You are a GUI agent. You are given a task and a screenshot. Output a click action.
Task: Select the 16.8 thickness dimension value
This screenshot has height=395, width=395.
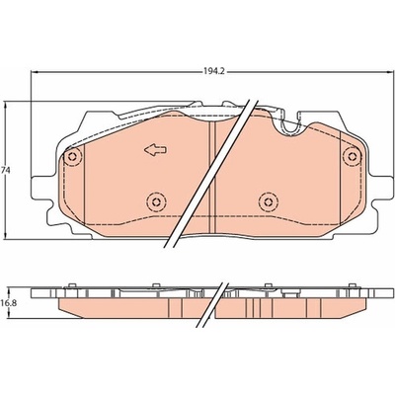pyautogui.click(x=7, y=303)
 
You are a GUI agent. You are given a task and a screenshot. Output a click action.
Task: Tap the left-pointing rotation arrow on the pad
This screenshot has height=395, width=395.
pyautogui.click(x=155, y=150)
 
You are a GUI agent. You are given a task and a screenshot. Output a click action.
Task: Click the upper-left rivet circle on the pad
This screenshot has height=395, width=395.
pyautogui.click(x=73, y=157)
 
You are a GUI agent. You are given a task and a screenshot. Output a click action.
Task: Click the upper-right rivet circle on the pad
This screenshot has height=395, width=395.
pyautogui.click(x=352, y=155)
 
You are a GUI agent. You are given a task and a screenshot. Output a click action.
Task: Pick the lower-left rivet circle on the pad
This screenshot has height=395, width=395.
pyautogui.click(x=156, y=201)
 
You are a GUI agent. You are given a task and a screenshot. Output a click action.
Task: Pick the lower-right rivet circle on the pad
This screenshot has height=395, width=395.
pyautogui.click(x=269, y=201)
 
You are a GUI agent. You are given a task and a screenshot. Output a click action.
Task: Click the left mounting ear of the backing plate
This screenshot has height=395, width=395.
pyautogui.click(x=42, y=189)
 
